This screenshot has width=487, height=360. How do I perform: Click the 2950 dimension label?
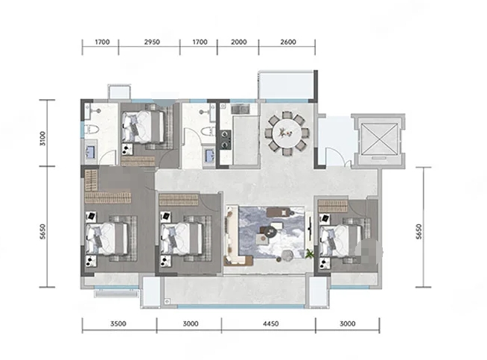pyautogui.click(x=152, y=42)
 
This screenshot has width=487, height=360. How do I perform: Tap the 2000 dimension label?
pyautogui.click(x=239, y=42)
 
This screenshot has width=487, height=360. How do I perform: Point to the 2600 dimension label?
pyautogui.click(x=288, y=42)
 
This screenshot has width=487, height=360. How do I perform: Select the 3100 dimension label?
pyautogui.click(x=42, y=139)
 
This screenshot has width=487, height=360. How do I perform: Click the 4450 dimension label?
pyautogui.click(x=270, y=323)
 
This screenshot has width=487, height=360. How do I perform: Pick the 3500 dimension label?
pyautogui.click(x=118, y=323)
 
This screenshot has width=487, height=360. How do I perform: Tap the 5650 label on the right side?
pyautogui.click(x=418, y=231)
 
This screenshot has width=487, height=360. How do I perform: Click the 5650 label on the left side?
pyautogui.click(x=42, y=231)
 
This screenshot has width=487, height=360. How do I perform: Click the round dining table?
pyautogui.click(x=287, y=134)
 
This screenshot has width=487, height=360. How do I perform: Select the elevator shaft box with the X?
pyautogui.click(x=380, y=139)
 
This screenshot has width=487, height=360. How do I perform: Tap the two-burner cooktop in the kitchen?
pyautogui.click(x=226, y=139)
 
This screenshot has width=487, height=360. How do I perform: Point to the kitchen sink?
pyautogui.click(x=240, y=109)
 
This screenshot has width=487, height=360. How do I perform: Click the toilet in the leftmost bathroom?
pyautogui.click(x=92, y=129)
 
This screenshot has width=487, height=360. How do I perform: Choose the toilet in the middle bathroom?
pyautogui.click(x=209, y=131)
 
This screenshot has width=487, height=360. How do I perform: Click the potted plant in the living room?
pyautogui.click(x=309, y=253)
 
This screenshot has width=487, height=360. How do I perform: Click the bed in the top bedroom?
pyautogui.click(x=143, y=127)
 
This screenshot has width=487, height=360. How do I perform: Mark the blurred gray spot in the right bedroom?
pyautogui.click(x=369, y=252)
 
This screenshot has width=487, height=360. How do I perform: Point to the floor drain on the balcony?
pyautogui.click(x=167, y=301)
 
